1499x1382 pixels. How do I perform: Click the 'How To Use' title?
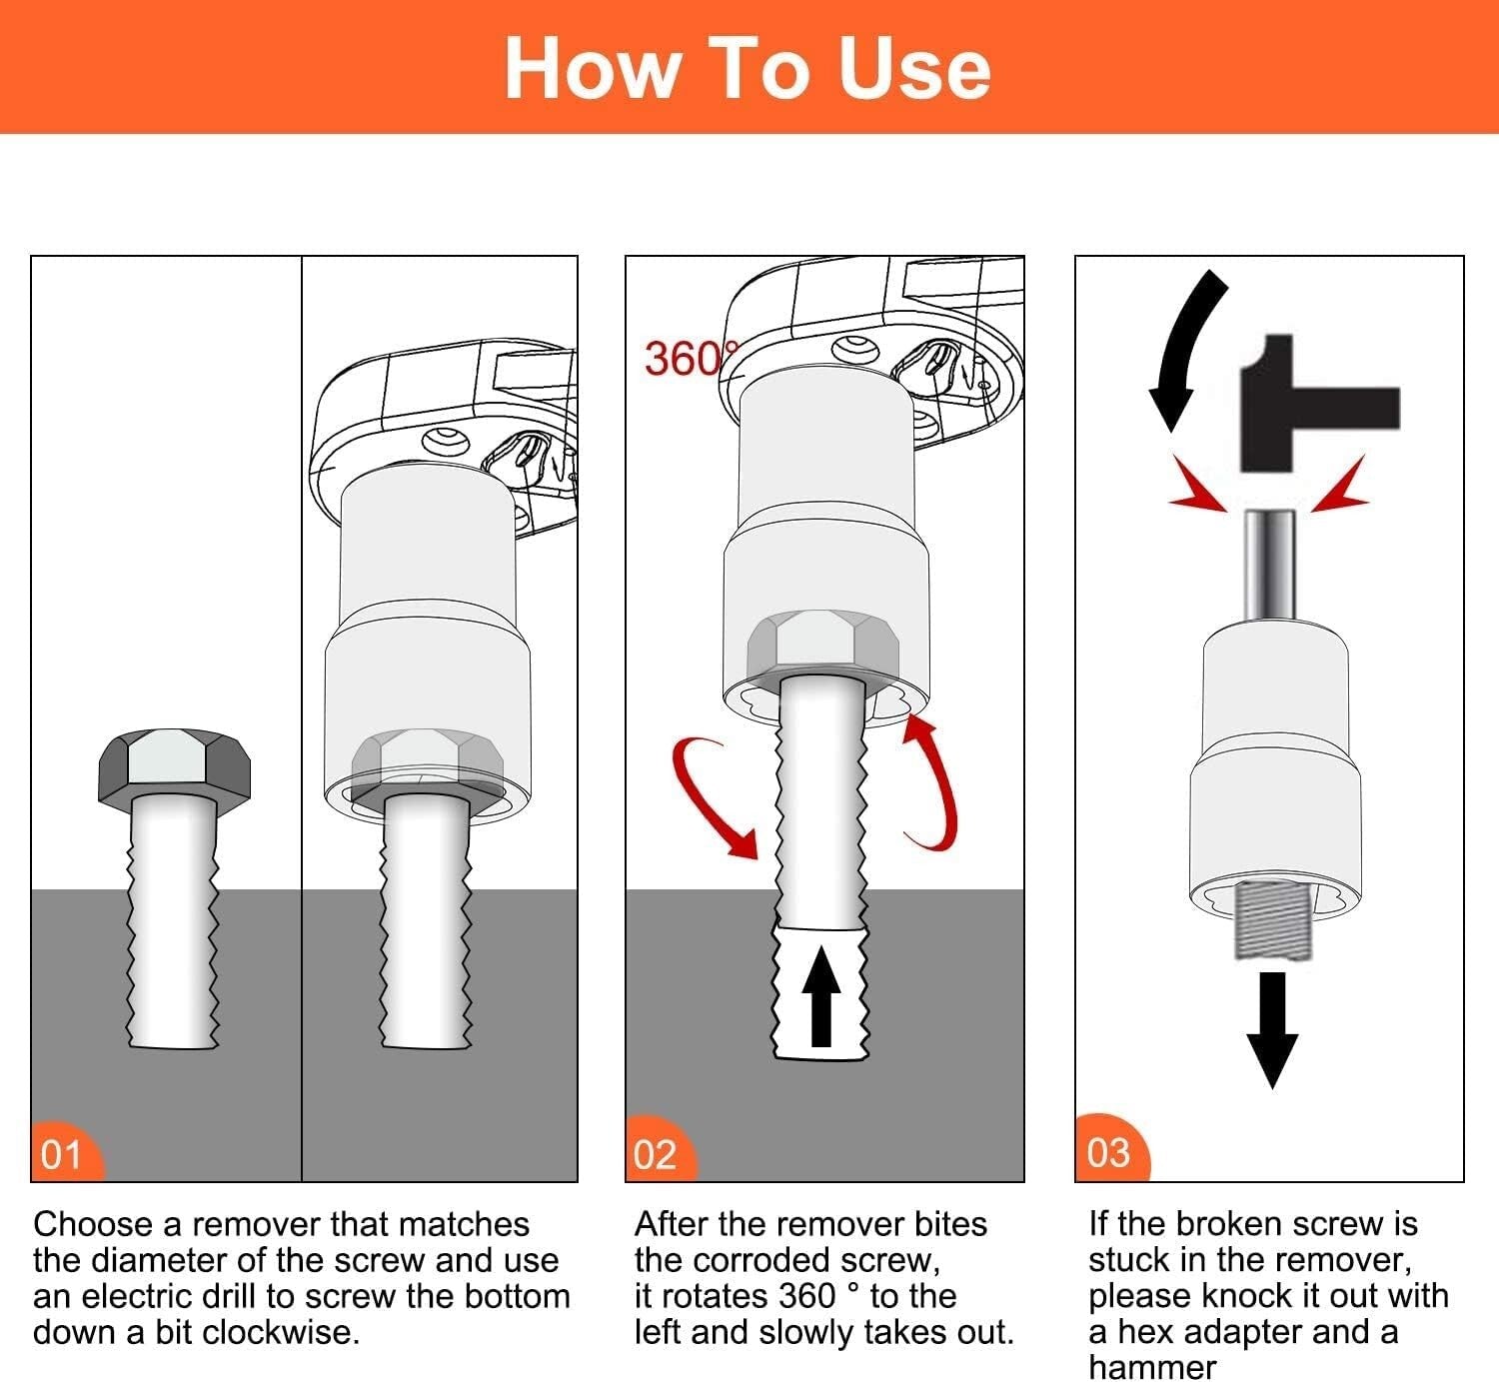tap(748, 68)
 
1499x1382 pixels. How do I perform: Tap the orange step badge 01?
tap(63, 1153)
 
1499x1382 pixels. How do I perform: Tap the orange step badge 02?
tap(657, 1153)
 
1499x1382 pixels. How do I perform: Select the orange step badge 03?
tap(1109, 1151)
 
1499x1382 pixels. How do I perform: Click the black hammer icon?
tap(1309, 405)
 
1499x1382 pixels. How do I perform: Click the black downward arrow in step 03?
tap(1271, 1029)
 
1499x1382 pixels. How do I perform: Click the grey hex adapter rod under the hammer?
tap(1270, 565)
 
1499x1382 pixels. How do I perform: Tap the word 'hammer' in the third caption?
tap(1151, 1367)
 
